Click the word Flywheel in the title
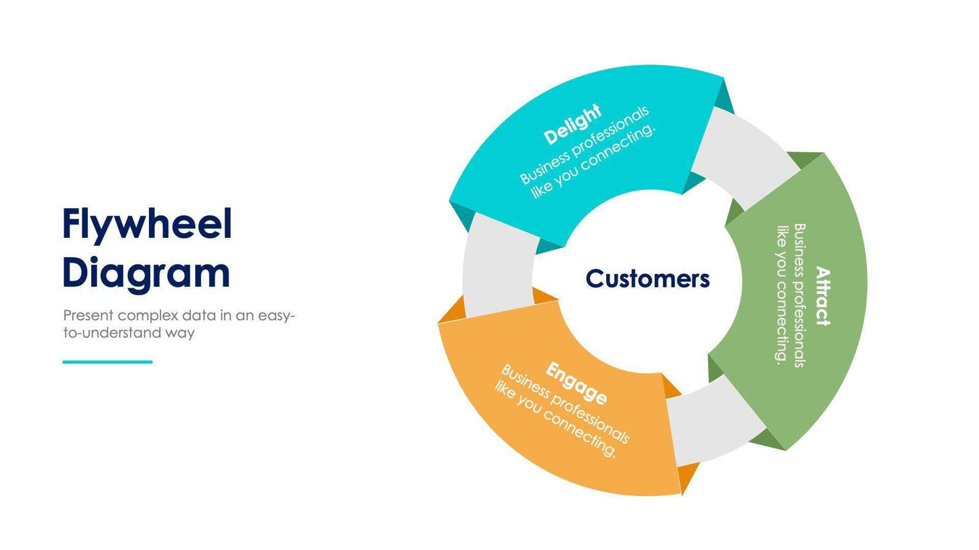coord(147,224)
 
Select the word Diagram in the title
coord(146,273)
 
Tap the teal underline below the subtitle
coord(107,362)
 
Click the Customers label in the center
coord(647,279)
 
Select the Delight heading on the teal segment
coord(572,125)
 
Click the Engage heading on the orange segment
coord(577,383)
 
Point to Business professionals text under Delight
coord(584,145)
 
